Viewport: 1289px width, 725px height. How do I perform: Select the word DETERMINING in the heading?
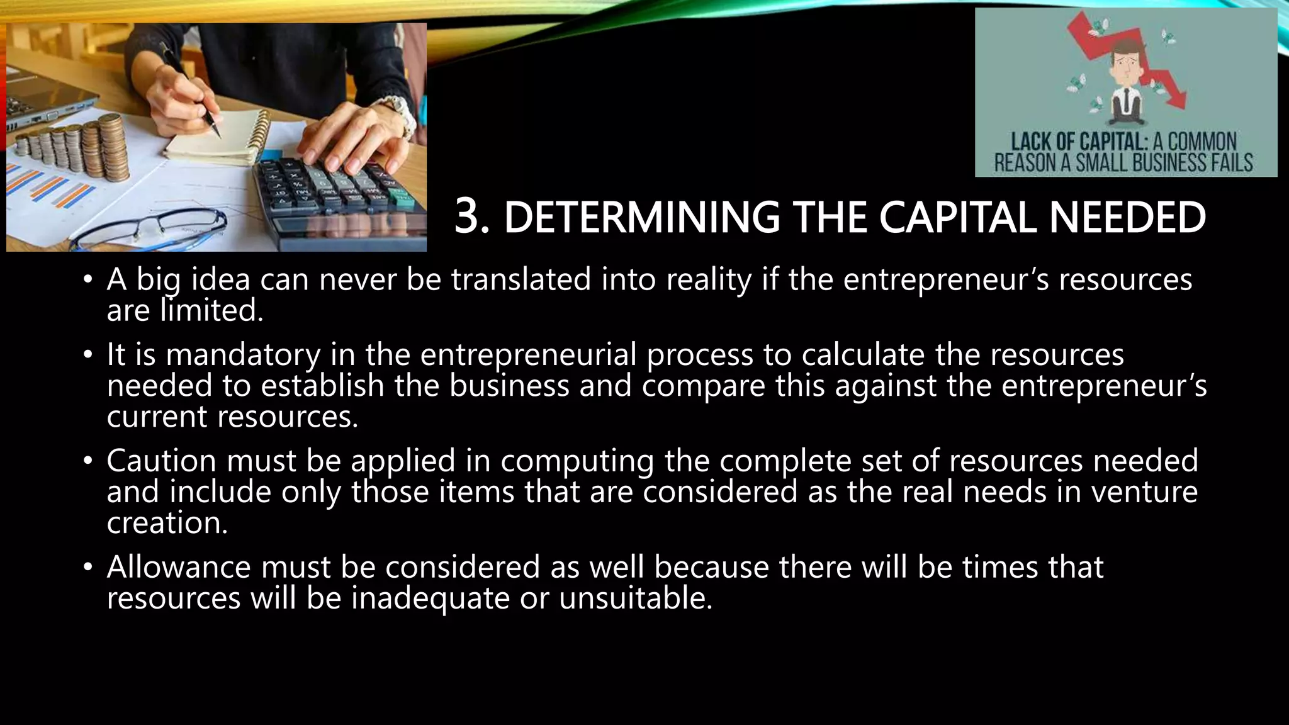[641, 218]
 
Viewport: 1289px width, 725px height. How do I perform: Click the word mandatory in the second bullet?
[243, 354]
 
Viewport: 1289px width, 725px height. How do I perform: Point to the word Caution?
[161, 461]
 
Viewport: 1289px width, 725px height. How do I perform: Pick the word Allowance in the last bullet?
[178, 566]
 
